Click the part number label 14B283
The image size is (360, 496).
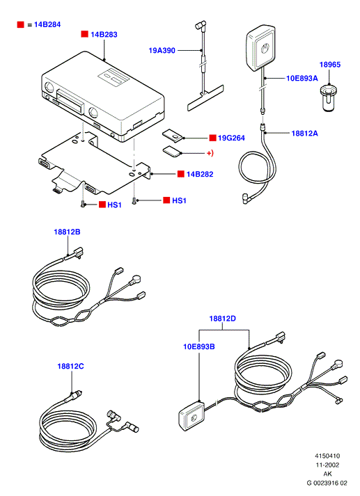104,35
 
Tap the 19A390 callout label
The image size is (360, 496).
162,50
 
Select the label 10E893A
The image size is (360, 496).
302,78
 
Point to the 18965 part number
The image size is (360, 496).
330,65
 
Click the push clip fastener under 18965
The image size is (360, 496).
329,97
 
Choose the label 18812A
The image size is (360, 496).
304,133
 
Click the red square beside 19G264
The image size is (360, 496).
213,138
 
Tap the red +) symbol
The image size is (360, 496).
210,153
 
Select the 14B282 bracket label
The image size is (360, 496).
200,174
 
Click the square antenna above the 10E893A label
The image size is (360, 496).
261,47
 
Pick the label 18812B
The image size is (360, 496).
67,232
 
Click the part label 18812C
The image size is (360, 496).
70,367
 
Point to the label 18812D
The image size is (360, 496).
223,319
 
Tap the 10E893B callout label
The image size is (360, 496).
199,346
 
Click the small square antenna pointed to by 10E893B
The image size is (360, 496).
192,416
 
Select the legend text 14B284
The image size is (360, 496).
47,24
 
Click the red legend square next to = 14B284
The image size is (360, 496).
21,24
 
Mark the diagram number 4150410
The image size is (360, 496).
327,456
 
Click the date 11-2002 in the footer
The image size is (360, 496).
327,465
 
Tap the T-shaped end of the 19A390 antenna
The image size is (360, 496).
205,98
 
